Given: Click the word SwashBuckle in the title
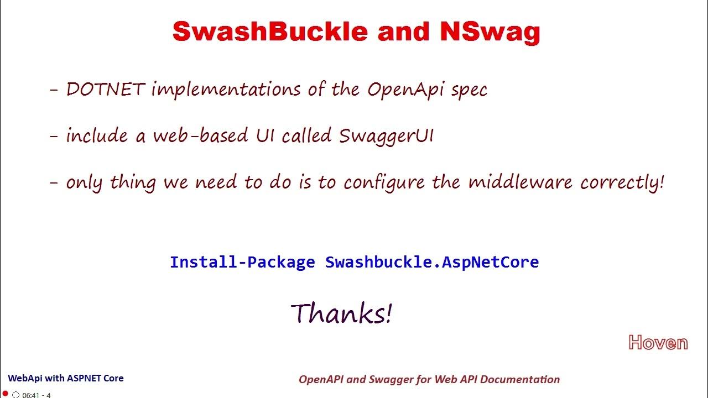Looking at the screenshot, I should point(270,32).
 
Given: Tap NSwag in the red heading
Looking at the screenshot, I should point(490,32).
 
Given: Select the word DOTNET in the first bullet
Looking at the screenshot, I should point(106,89).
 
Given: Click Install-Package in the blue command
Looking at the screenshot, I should point(242,262).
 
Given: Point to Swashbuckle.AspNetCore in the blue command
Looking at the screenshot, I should point(432,262).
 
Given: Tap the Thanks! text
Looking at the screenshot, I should point(342,313).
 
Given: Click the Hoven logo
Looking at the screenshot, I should point(658,343).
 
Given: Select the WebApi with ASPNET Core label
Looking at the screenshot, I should point(66,379).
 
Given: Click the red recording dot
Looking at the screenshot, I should point(6,394).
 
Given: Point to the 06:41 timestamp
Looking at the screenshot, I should point(30,395).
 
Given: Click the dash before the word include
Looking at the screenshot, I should point(54,136).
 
